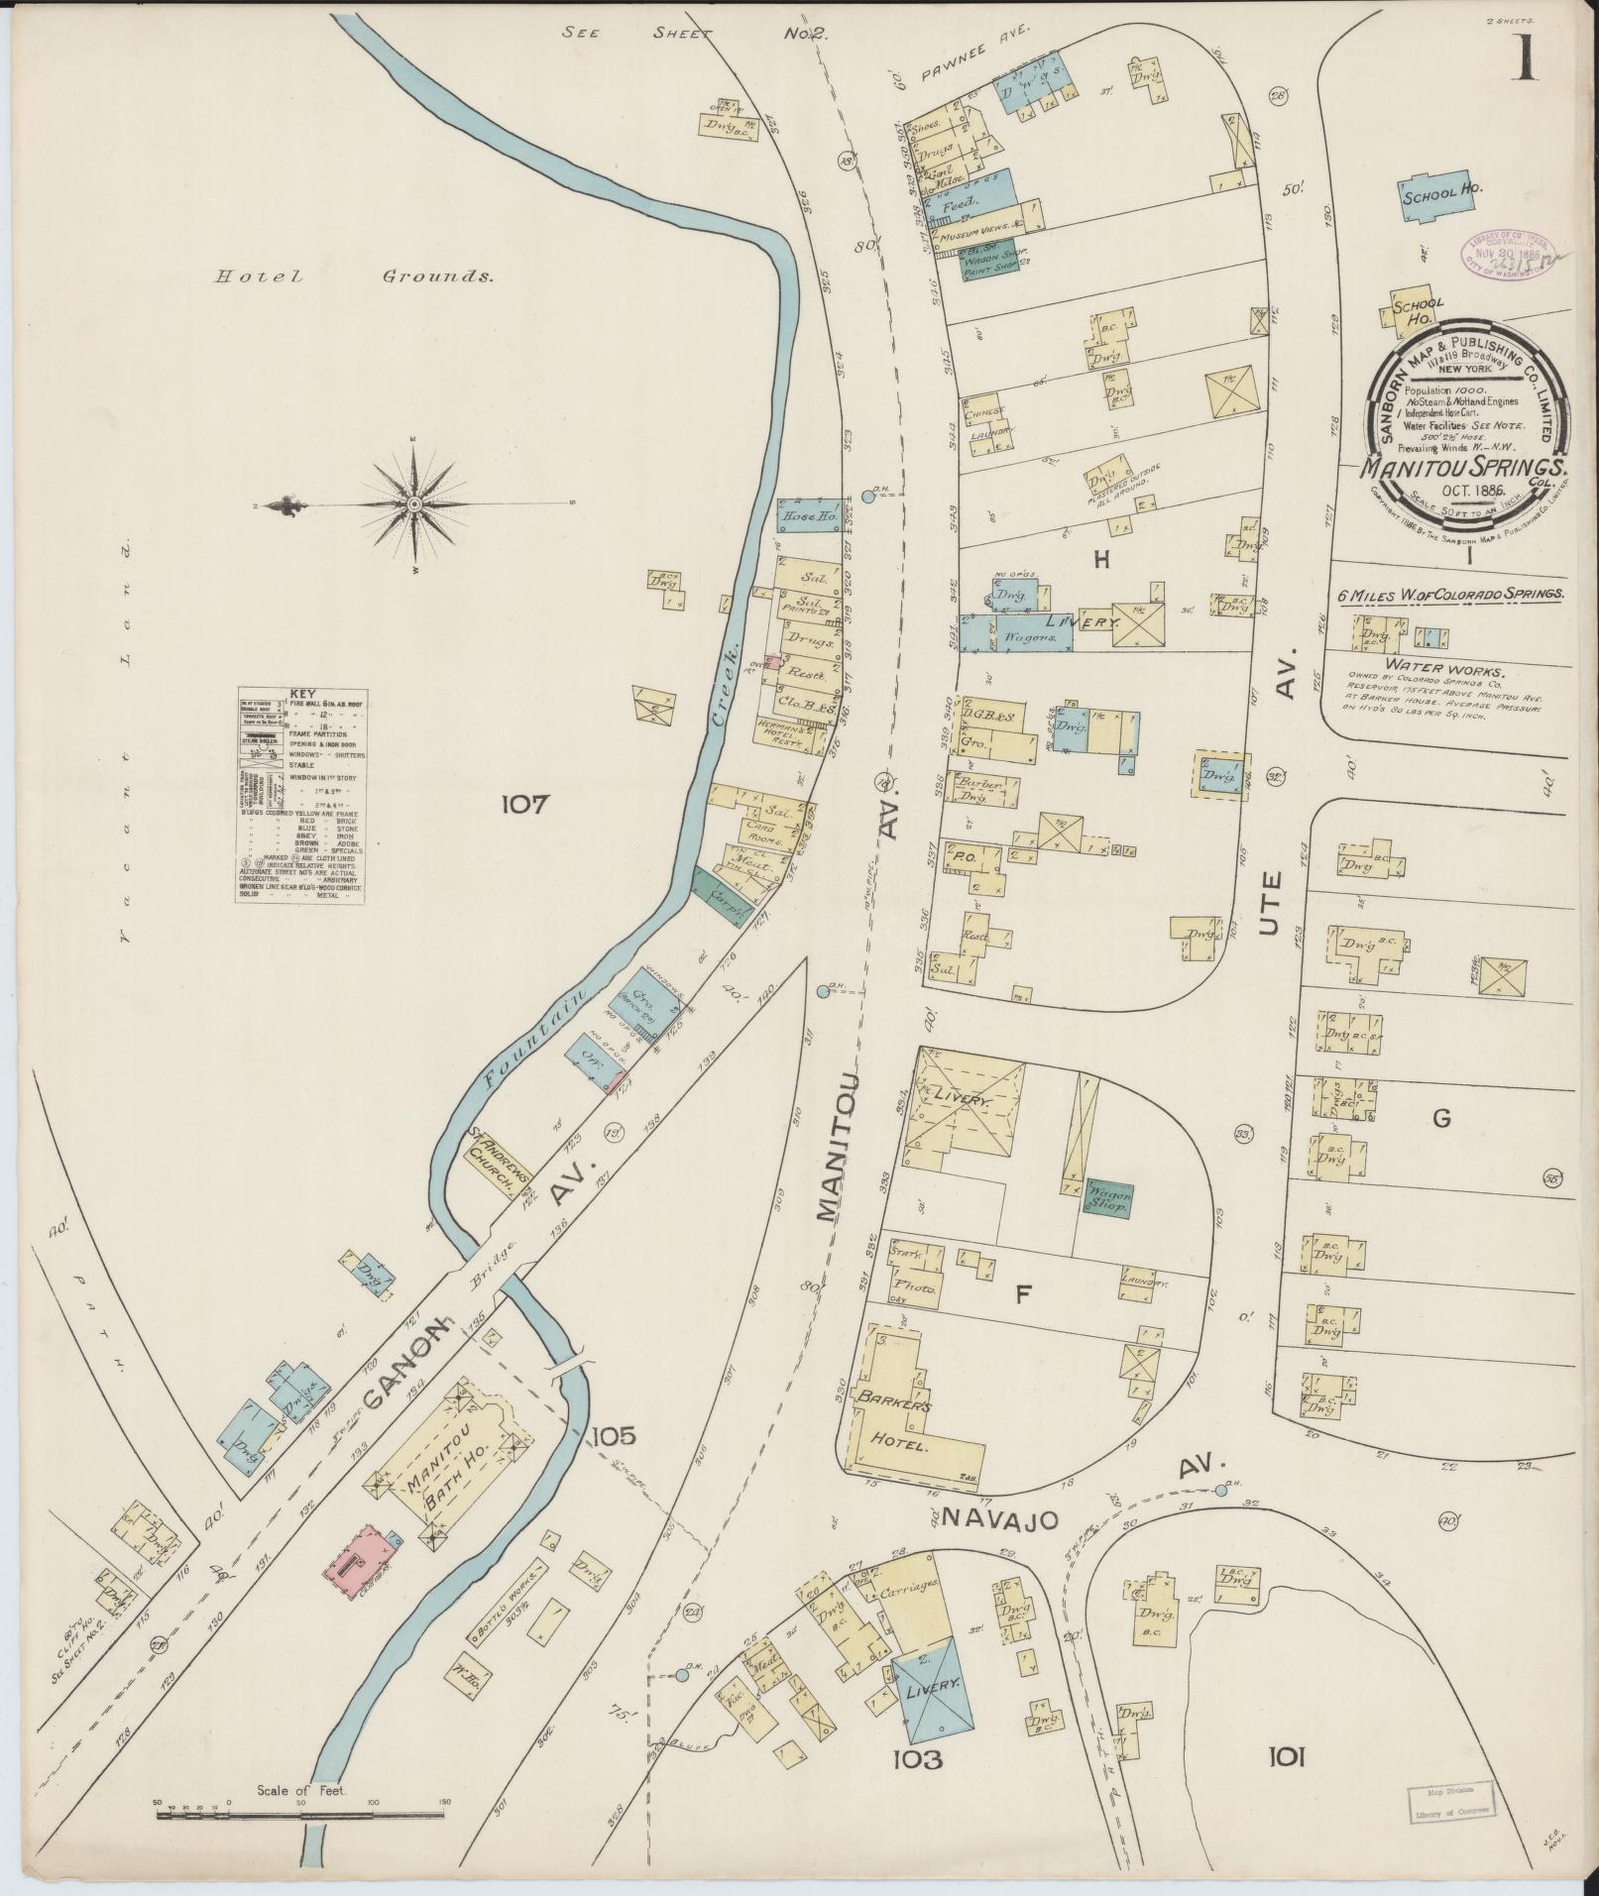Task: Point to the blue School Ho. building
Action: [1435, 195]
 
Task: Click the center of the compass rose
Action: [414, 504]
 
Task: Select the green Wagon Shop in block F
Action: [1108, 1197]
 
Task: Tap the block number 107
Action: [523, 805]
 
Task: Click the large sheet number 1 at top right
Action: [1525, 63]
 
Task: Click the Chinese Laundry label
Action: [987, 421]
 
